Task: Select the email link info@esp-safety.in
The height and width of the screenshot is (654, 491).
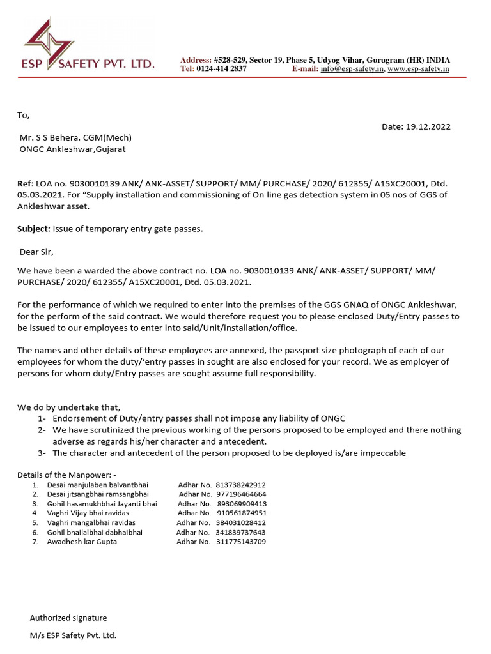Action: [352, 69]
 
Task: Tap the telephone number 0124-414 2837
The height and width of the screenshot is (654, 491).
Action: [221, 69]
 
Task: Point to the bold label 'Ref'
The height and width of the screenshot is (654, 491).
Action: [24, 184]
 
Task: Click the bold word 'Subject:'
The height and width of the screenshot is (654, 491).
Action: [34, 229]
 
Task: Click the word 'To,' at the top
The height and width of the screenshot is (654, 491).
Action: [23, 116]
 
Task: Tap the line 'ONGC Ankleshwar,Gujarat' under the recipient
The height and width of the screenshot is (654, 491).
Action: [77, 149]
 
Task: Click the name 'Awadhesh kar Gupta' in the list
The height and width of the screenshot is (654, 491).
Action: [82, 542]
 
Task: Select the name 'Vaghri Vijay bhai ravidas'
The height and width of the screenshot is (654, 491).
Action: [88, 513]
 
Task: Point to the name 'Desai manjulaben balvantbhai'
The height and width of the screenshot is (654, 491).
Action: [93, 485]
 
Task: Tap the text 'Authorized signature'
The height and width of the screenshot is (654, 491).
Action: [68, 618]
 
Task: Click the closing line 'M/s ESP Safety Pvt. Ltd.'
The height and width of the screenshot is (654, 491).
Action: [73, 635]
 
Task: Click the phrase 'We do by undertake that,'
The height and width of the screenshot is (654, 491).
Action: [68, 407]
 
